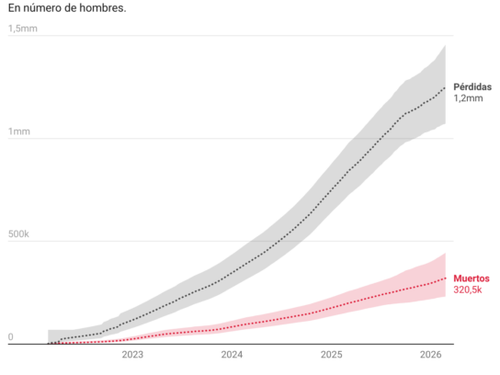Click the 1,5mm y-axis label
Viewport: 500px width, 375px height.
click(23, 28)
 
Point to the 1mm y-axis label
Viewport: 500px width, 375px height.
click(19, 131)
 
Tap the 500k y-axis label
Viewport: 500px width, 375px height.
click(18, 234)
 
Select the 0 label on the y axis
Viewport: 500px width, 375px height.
click(10, 337)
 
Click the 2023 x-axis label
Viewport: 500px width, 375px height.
click(132, 355)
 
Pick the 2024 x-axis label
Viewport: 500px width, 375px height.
click(232, 355)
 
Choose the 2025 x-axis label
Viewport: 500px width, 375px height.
click(331, 355)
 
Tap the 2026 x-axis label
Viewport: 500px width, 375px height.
click(431, 355)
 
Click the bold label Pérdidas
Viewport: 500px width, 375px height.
click(472, 86)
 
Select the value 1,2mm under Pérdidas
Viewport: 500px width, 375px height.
click(468, 98)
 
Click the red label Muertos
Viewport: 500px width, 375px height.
click(472, 278)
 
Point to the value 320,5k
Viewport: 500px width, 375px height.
click(468, 290)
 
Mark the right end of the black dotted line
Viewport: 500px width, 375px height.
click(445, 87)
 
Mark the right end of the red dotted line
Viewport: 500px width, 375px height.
click(445, 278)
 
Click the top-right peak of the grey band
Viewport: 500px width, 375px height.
click(445, 46)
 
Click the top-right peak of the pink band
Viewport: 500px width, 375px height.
click(445, 253)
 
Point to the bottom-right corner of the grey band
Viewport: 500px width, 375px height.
click(445, 123)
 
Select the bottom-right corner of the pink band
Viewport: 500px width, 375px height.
click(445, 297)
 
